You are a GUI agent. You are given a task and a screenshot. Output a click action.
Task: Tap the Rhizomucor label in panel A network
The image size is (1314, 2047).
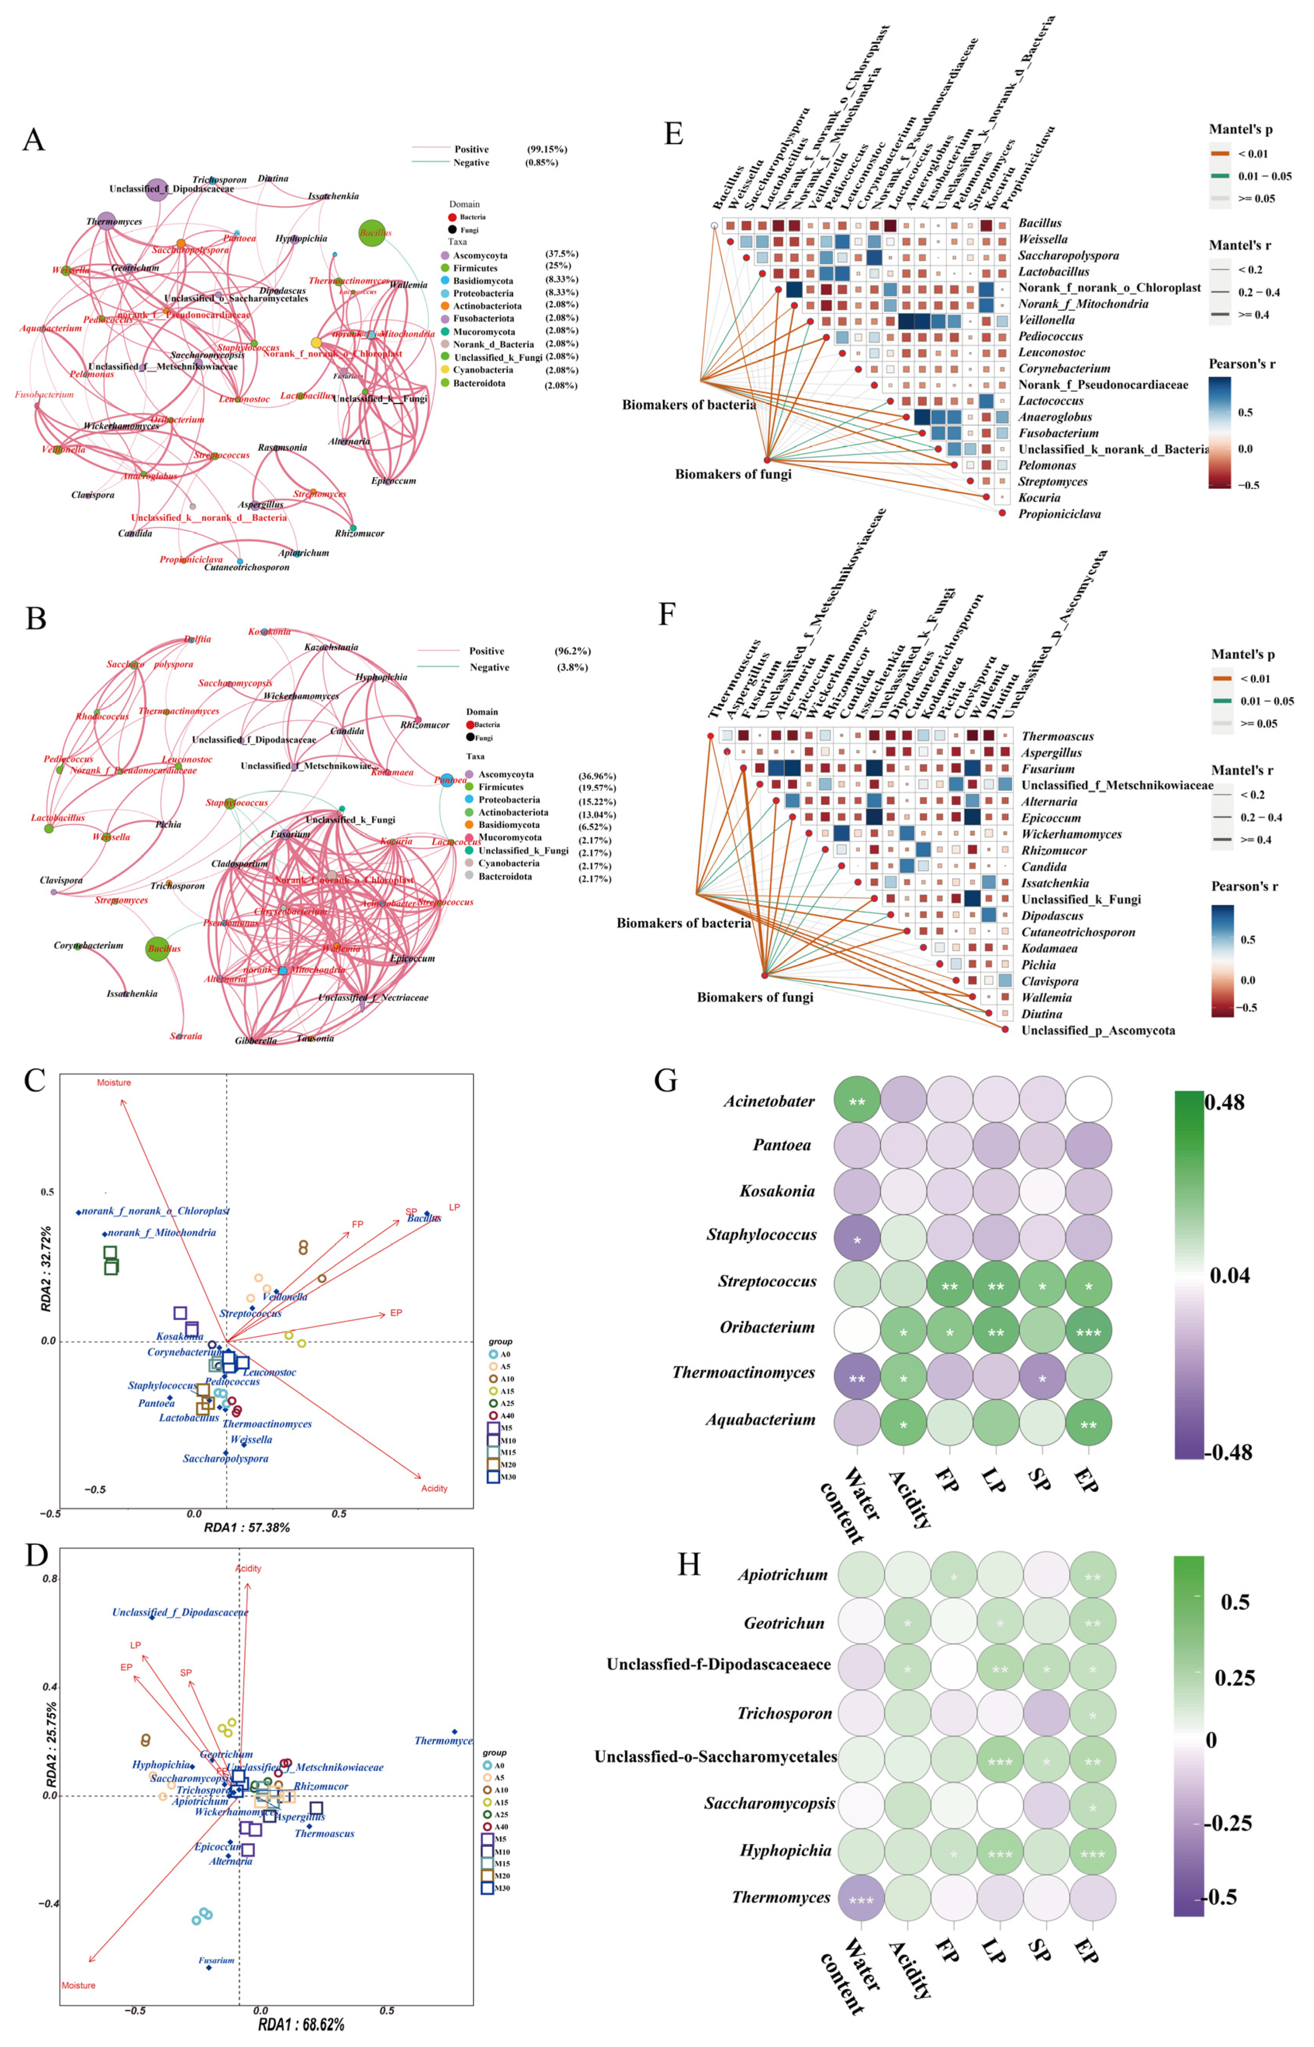359,533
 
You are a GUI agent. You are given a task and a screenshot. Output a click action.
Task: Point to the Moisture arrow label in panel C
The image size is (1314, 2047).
113,1083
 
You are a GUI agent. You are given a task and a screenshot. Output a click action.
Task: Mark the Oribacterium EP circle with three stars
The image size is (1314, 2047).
1088,1331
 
